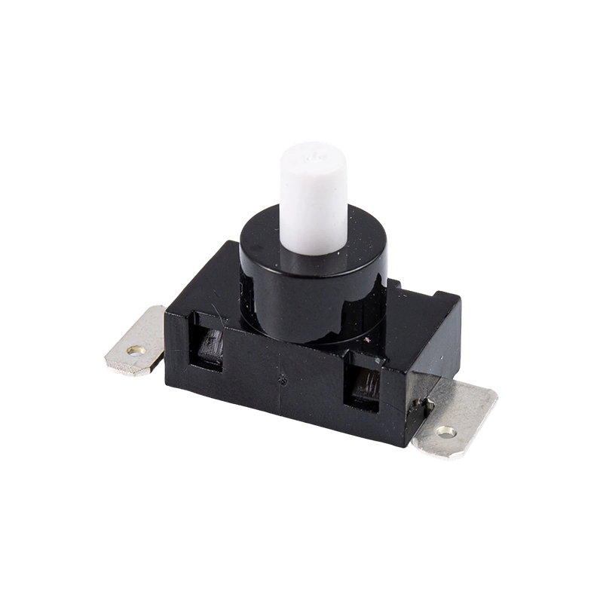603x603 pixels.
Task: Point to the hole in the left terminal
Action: pyautogui.click(x=136, y=351)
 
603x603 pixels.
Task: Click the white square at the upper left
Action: pyautogui.click(x=146, y=182)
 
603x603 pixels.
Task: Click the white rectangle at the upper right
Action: pyautogui.click(x=441, y=182)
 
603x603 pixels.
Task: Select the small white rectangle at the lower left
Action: pyautogui.click(x=146, y=439)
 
